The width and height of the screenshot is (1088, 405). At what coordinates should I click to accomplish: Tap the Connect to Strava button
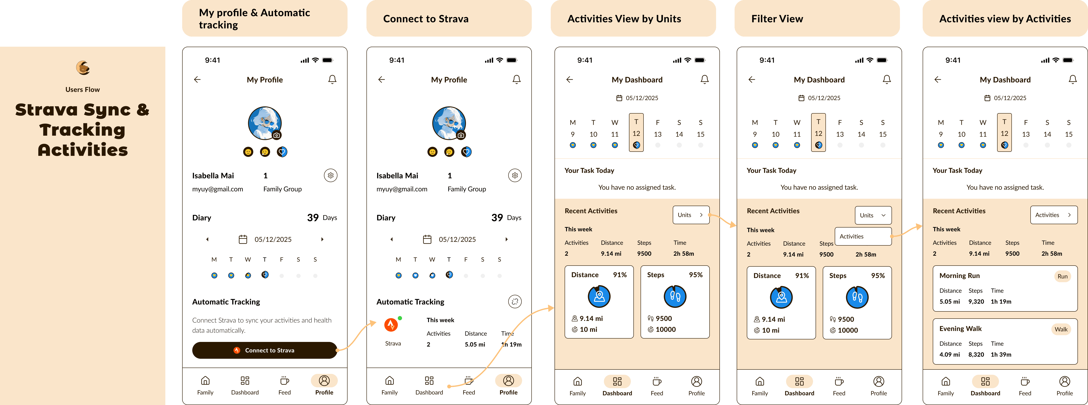265,350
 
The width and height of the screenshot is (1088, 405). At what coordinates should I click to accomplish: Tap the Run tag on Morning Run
1062,276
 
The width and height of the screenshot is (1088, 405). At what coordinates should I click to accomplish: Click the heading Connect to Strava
426,19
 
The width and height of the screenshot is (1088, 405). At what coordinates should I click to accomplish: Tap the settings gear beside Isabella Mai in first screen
331,175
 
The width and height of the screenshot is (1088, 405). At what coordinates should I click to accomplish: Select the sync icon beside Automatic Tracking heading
515,302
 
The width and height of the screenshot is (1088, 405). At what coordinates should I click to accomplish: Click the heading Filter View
777,19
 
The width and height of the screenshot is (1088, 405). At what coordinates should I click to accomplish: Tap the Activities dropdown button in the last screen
1053,215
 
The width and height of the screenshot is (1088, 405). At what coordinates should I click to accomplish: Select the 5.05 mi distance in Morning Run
949,302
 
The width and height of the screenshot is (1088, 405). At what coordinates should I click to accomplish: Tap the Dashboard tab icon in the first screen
245,381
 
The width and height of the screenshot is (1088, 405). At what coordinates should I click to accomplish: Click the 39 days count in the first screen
313,217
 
